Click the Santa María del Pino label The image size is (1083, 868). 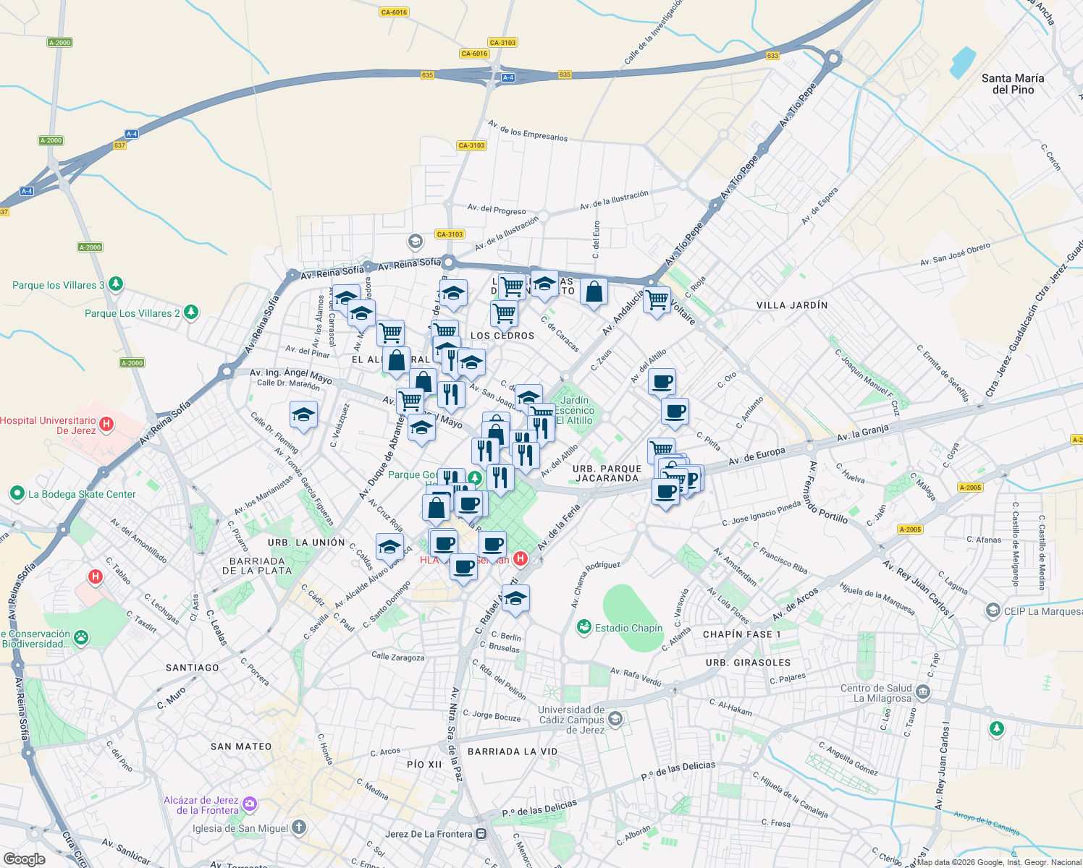coord(1012,84)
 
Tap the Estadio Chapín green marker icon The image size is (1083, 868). coord(584,627)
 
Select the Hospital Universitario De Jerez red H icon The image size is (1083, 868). coord(106,424)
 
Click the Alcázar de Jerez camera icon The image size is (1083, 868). coord(250,804)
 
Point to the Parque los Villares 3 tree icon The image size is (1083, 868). coord(115,285)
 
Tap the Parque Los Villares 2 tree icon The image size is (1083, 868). coord(190,312)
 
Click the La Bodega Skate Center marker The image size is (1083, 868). coord(17,493)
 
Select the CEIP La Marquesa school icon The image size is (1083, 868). coord(993,611)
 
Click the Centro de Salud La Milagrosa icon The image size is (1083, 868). coord(922,692)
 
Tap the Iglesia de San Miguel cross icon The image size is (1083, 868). coord(299,827)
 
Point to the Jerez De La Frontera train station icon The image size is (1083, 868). coord(481,834)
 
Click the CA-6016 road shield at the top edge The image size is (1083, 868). coord(394,12)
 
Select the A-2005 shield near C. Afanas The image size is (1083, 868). coord(910,529)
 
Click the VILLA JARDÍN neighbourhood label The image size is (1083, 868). coord(792,305)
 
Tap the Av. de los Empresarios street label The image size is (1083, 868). coord(528,131)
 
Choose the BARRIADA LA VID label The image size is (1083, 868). coord(513,752)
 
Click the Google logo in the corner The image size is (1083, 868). coord(24,859)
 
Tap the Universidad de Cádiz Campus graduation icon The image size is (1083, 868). coord(615,718)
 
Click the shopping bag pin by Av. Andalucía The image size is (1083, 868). coord(594,292)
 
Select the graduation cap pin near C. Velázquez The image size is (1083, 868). coord(303,416)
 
